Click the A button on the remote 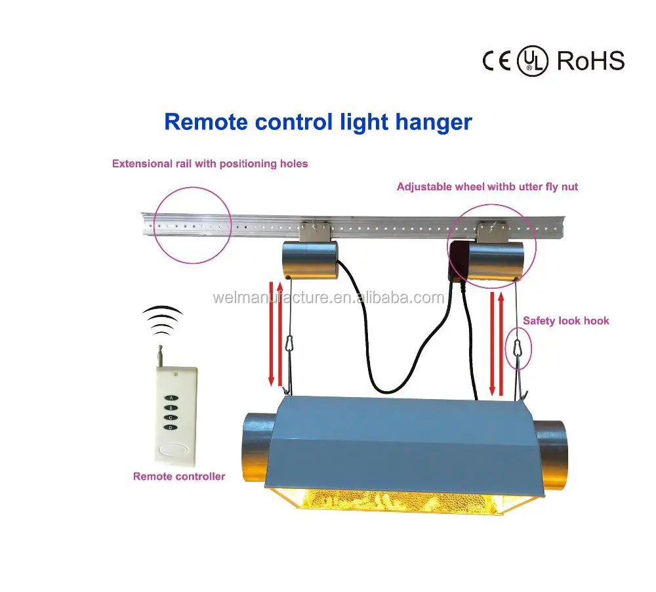pos(171,398)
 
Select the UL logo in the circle pos(532,61)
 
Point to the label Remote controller pos(178,476)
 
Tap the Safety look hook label pos(565,321)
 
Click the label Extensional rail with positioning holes pos(210,163)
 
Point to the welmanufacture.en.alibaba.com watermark pos(328,298)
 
